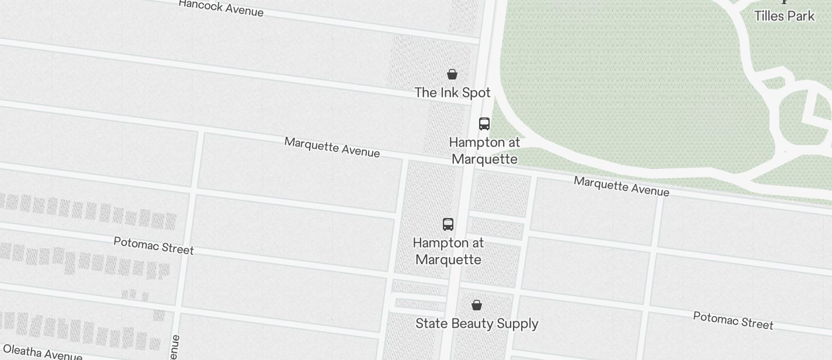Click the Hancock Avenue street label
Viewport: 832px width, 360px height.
click(x=221, y=8)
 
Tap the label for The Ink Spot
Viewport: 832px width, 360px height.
click(x=452, y=92)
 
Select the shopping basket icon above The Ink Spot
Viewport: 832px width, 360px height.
click(x=452, y=74)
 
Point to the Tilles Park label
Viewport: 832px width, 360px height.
click(x=784, y=16)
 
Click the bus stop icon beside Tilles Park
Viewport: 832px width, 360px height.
click(x=484, y=124)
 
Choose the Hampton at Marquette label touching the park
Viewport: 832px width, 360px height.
click(x=484, y=151)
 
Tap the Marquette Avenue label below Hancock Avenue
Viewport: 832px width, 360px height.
click(x=332, y=147)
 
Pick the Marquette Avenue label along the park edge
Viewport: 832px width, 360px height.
click(x=621, y=186)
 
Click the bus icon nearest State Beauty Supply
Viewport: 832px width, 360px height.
click(x=448, y=224)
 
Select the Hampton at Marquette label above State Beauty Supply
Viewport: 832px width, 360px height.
click(x=448, y=251)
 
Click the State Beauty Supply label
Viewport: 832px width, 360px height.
click(x=477, y=324)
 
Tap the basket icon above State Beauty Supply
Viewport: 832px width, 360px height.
click(x=477, y=305)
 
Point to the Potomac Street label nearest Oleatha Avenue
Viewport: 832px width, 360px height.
click(x=154, y=245)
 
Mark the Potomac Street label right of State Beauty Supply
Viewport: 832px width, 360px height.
click(x=733, y=320)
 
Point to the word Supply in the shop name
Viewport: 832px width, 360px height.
click(x=519, y=324)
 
